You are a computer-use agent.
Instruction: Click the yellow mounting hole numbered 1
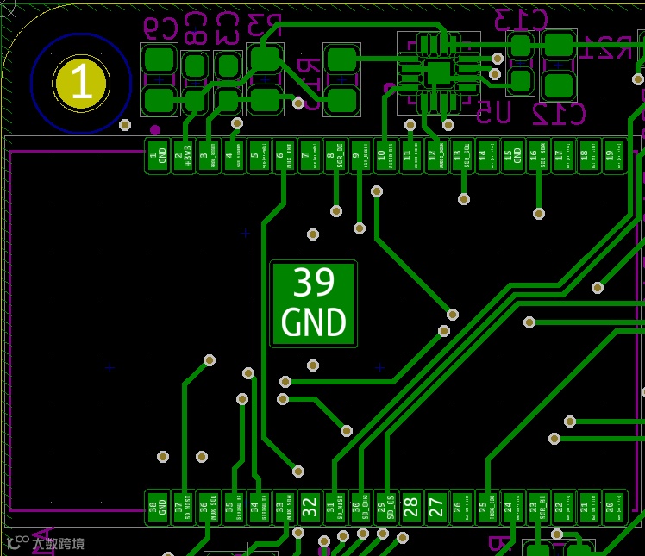click(80, 83)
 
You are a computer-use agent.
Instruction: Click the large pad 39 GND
click(313, 303)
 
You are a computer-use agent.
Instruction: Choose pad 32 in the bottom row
click(310, 507)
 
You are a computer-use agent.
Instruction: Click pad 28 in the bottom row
click(411, 507)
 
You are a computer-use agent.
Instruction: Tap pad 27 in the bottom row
click(437, 507)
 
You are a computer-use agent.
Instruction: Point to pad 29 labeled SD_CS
click(386, 507)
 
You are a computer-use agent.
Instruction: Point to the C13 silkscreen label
click(521, 19)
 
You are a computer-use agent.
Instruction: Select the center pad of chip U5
click(438, 72)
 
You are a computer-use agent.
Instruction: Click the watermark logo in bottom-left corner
click(45, 543)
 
